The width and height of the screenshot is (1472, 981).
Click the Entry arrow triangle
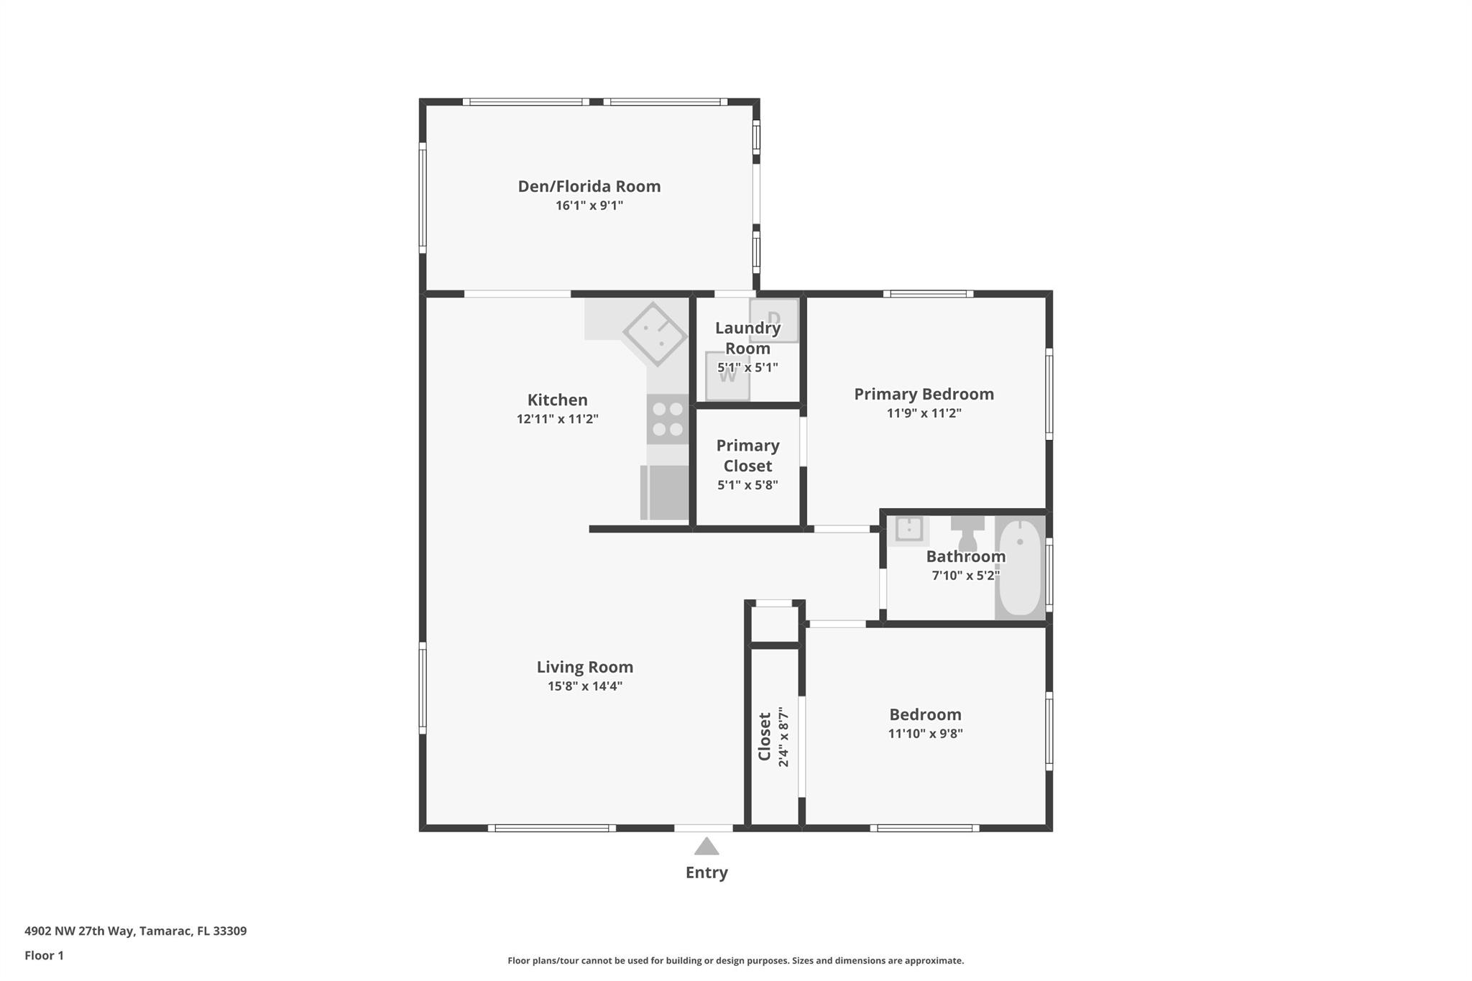[707, 847]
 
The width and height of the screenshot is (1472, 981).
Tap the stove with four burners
[668, 419]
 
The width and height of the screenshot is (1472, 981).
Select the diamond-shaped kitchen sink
[654, 334]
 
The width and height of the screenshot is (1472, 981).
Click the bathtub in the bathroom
[1020, 568]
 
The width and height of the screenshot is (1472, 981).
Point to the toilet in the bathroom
[967, 533]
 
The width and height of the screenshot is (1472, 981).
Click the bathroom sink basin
[908, 529]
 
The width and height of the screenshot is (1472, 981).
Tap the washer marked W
[727, 376]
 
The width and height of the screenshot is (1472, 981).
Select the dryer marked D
[774, 320]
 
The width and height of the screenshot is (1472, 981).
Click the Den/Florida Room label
[589, 186]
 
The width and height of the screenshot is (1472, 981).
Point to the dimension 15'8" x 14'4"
[584, 686]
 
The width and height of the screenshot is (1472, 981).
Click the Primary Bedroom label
[924, 394]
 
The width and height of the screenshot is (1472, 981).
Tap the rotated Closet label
[764, 737]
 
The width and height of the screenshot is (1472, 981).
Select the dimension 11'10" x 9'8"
[925, 733]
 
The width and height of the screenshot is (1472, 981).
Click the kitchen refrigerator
[665, 492]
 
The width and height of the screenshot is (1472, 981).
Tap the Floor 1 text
[44, 955]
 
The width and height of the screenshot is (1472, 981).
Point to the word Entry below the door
[707, 872]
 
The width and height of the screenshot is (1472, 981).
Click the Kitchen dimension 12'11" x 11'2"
[557, 419]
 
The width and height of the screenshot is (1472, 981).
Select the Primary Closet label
[747, 455]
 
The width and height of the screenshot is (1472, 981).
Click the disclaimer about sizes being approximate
[735, 960]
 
